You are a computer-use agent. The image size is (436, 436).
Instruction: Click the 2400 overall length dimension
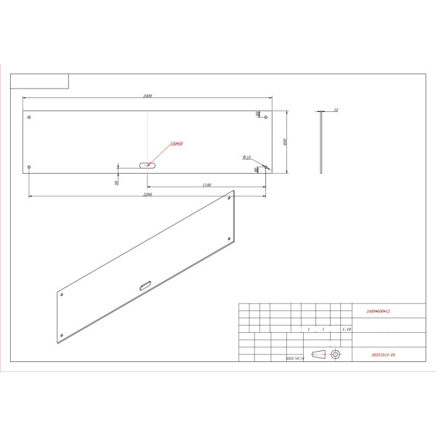pos(148,96)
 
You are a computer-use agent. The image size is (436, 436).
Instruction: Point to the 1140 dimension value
pos(206,185)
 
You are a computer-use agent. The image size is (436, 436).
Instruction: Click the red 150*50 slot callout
pos(176,144)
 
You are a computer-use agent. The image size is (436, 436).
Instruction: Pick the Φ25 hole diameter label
pos(247,157)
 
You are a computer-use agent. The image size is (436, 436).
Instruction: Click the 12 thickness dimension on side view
pos(336,110)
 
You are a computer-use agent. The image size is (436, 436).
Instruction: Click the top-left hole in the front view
pos(28,117)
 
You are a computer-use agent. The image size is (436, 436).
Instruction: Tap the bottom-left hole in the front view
pos(28,168)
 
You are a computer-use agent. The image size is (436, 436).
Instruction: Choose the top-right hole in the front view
pos(265,117)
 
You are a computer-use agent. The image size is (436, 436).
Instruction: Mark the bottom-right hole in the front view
pos(265,168)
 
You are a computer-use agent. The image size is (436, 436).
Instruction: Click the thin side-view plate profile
pos(320,142)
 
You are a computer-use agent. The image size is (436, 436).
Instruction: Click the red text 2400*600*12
pos(379,310)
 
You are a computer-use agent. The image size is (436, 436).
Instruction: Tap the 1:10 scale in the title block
pos(346,329)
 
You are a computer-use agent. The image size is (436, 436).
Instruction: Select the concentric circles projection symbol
pos(335,354)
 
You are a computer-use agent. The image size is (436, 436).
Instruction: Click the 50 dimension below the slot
pos(116,182)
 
